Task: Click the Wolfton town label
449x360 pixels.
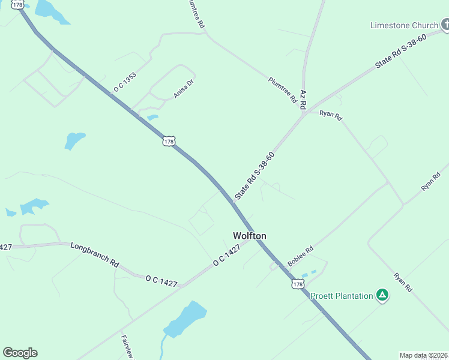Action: click(249, 236)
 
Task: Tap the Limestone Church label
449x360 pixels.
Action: click(404, 25)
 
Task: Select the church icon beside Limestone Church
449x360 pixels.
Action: click(445, 25)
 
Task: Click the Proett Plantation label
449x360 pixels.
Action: click(342, 296)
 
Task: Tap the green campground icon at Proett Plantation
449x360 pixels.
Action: click(382, 295)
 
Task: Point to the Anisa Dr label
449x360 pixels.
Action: click(184, 88)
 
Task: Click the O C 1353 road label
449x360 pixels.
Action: click(125, 82)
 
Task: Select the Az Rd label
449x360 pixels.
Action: click(303, 100)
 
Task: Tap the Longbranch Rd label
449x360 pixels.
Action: click(94, 254)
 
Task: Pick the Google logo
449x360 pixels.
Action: click(20, 353)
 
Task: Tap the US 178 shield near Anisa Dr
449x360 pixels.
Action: click(168, 142)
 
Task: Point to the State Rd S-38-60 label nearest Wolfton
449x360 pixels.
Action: click(255, 175)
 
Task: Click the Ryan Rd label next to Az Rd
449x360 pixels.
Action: click(330, 115)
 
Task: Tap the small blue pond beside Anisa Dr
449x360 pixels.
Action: click(152, 117)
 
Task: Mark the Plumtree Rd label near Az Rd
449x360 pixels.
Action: click(282, 90)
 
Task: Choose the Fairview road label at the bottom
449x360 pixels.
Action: click(127, 346)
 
